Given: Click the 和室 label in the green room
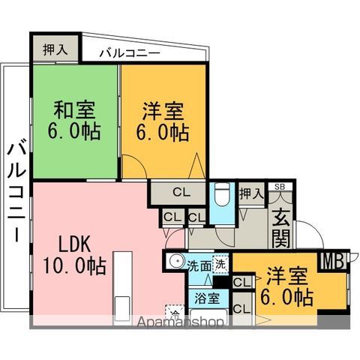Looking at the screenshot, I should click(x=73, y=109).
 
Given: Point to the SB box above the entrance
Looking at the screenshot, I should click(x=279, y=187).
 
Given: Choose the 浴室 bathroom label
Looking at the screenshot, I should click(x=208, y=298).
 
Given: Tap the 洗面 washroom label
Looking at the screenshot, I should click(x=199, y=265).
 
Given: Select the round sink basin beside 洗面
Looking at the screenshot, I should click(x=175, y=263).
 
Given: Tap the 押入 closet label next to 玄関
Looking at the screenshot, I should click(x=250, y=193).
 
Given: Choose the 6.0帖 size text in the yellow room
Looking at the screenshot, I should click(x=288, y=298).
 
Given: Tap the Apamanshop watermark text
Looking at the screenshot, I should click(x=181, y=322).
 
